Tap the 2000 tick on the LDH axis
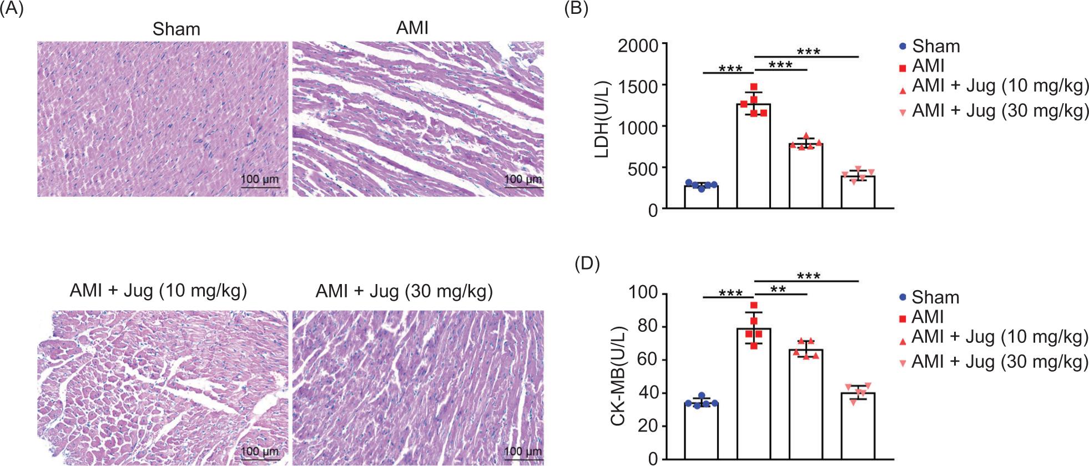point(638,45)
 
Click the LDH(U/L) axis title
point(602,119)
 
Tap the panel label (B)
point(576,10)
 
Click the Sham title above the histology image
point(176,29)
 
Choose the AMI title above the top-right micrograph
point(412,28)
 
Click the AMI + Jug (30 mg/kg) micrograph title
point(404,291)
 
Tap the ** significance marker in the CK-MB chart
point(778,289)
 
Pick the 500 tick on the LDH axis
point(643,168)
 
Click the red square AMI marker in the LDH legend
point(903,68)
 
